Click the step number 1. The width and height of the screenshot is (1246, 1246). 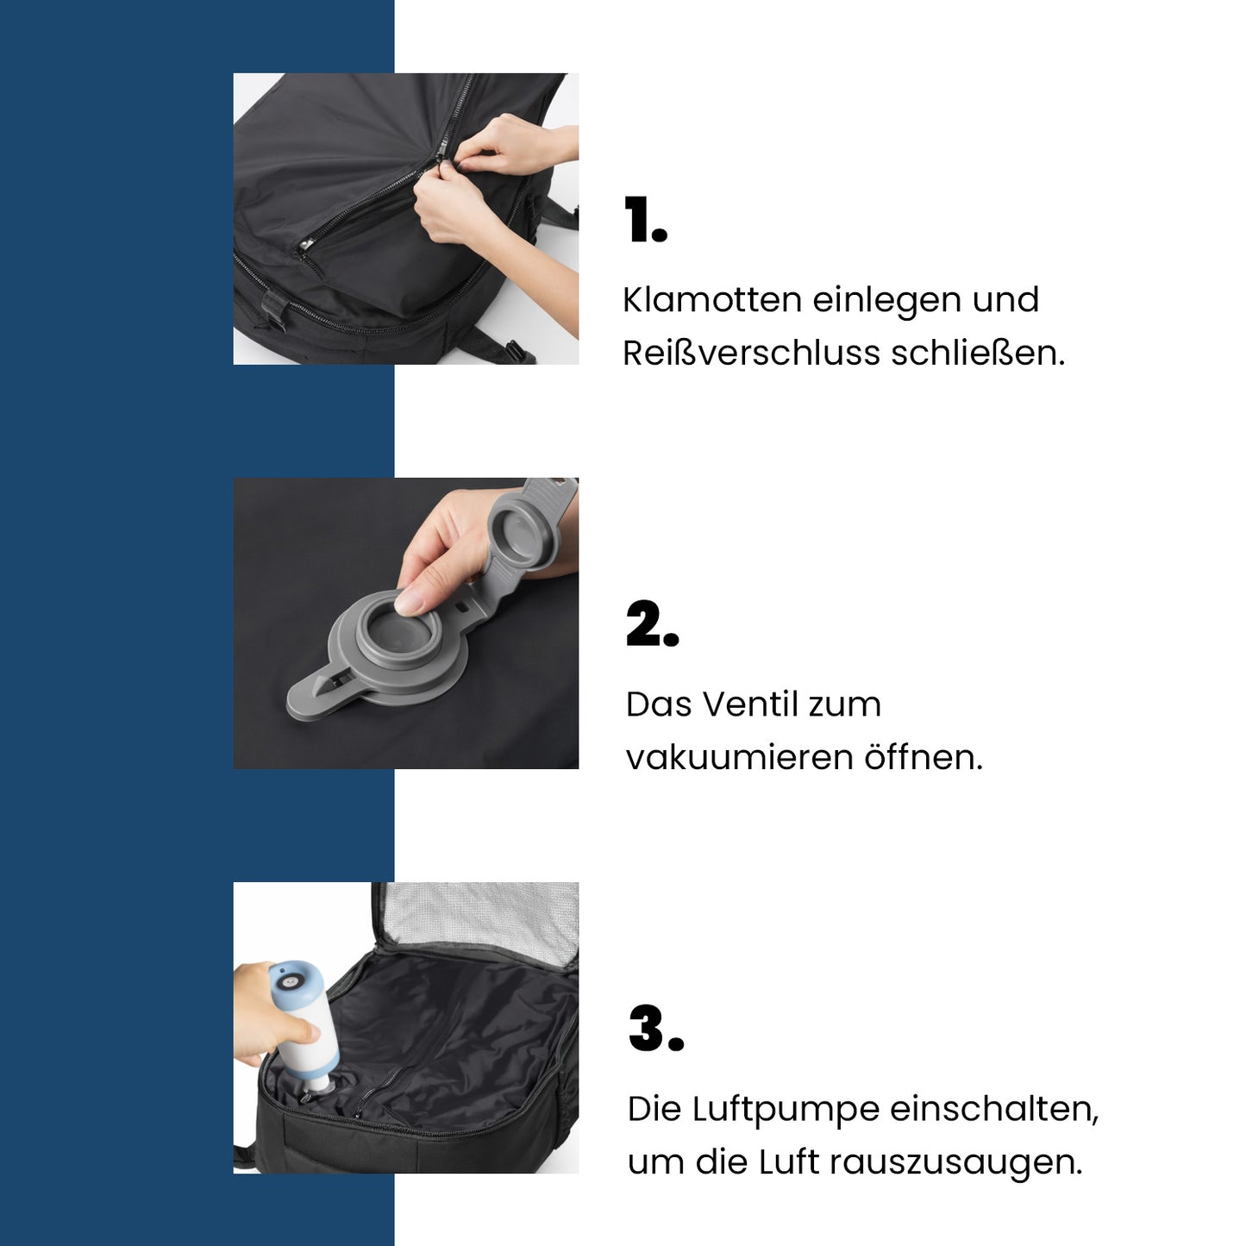(645, 221)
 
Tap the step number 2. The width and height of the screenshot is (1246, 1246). (651, 623)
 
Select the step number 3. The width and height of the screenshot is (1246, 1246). (654, 1028)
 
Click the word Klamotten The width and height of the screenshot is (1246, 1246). (712, 300)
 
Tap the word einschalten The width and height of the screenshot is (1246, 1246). (993, 1110)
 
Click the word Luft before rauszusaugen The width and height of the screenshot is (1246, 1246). (788, 1162)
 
